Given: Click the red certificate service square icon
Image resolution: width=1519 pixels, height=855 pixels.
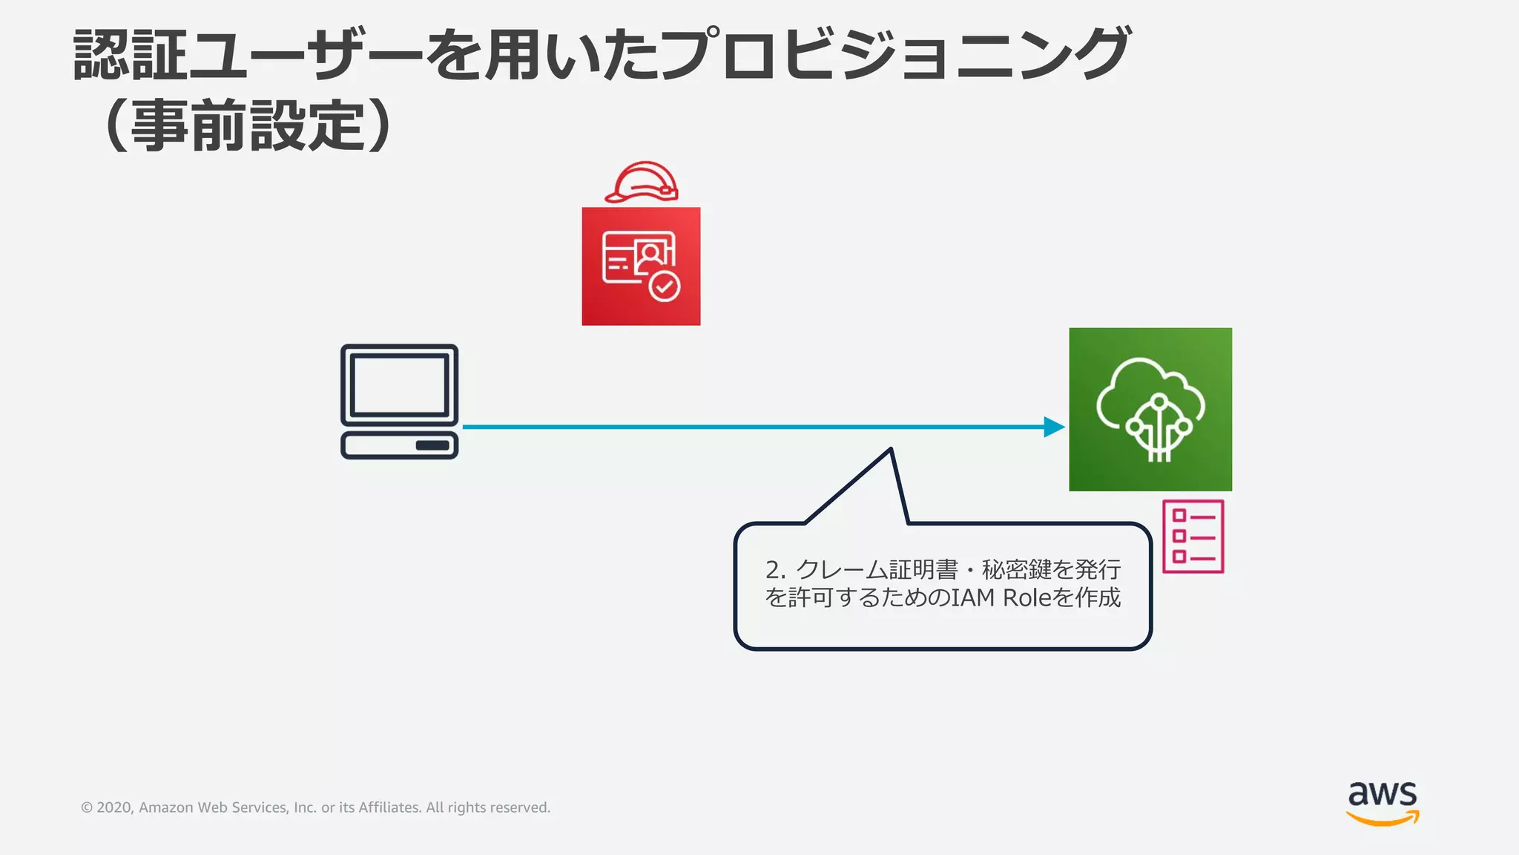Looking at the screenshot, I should click(x=641, y=266).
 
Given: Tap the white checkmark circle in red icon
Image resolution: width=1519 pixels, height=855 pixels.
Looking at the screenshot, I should click(x=665, y=286).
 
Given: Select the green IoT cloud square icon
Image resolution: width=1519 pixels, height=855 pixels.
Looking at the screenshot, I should click(x=1150, y=409).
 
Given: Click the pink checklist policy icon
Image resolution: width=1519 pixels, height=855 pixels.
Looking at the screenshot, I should click(x=1193, y=537).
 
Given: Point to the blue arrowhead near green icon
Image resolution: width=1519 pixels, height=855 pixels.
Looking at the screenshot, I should click(x=1054, y=427).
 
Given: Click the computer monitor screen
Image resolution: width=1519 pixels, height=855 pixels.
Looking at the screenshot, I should click(x=399, y=384).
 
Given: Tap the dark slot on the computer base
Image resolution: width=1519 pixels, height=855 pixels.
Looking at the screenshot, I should click(x=432, y=445).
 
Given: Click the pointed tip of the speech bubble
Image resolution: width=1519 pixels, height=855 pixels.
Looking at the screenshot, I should click(x=891, y=451).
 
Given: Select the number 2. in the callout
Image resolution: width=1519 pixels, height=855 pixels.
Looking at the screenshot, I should click(x=775, y=570).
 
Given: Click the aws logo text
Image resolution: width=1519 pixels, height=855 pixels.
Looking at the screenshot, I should click(x=1383, y=794).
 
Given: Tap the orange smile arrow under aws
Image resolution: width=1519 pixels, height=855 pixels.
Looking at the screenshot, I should click(x=1383, y=819).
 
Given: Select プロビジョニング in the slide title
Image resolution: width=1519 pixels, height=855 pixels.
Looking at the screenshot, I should click(x=894, y=56).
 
